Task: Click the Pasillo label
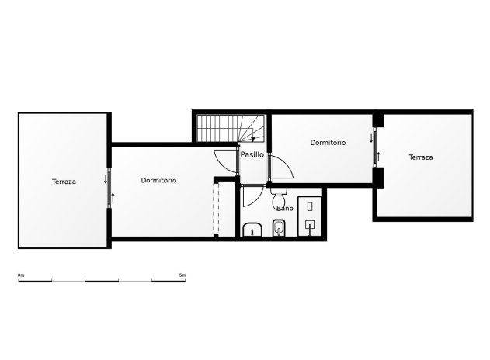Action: click(252, 154)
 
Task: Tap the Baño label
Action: click(284, 208)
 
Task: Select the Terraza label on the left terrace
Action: click(64, 182)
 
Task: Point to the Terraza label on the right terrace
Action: click(421, 157)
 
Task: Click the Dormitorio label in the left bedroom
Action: click(158, 180)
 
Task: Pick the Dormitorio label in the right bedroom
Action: click(328, 143)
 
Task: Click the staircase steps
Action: click(221, 127)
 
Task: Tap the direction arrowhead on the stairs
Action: click(253, 139)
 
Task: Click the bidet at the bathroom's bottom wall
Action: click(279, 228)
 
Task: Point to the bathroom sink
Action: click(252, 230)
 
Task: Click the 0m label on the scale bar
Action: click(21, 275)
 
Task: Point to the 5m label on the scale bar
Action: click(182, 275)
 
